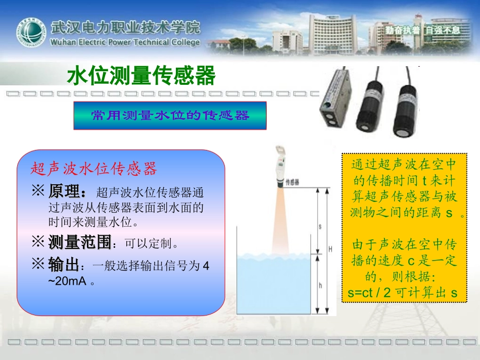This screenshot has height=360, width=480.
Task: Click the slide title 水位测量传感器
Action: pyautogui.click(x=141, y=76)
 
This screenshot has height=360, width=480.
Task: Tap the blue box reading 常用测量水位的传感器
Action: pyautogui.click(x=170, y=115)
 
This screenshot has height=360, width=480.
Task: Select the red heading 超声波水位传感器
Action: pyautogui.click(x=94, y=169)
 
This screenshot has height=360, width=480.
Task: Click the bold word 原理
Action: pyautogui.click(x=67, y=192)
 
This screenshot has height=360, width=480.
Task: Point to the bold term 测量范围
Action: pyautogui.click(x=79, y=243)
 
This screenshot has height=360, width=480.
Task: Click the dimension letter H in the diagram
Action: pyautogui.click(x=330, y=249)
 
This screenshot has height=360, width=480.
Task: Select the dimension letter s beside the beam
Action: pyautogui.click(x=320, y=227)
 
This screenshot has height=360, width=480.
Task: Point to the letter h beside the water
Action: pyautogui.click(x=320, y=285)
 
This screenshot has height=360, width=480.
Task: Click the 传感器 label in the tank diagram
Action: pyautogui.click(x=293, y=182)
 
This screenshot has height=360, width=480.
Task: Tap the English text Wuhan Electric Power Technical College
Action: pyautogui.click(x=125, y=42)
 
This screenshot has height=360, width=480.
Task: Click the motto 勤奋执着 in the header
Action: pyautogui.click(x=402, y=30)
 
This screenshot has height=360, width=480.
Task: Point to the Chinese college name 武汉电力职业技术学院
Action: pyautogui.click(x=125, y=27)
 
